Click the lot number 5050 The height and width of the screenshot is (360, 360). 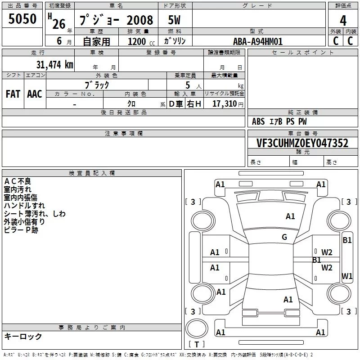click(x=22, y=19)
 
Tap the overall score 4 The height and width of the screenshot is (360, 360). click(x=343, y=21)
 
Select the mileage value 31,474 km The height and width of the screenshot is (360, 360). click(x=54, y=64)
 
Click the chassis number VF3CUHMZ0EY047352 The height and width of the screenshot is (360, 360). click(x=302, y=143)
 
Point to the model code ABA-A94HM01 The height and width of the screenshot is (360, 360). click(x=257, y=41)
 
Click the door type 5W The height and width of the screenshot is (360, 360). click(x=174, y=20)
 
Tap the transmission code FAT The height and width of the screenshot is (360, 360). click(x=13, y=94)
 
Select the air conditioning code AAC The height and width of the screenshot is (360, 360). click(x=35, y=94)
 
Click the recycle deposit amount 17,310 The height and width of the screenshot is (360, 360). click(x=224, y=104)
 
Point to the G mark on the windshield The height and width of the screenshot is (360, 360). click(x=284, y=237)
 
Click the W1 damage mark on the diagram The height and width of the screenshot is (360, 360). click(x=347, y=276)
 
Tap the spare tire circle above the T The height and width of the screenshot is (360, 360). click(x=197, y=328)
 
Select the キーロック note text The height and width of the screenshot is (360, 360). click(x=23, y=337)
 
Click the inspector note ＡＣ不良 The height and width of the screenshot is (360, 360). click(x=18, y=181)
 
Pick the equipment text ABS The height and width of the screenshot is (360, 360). click(x=258, y=121)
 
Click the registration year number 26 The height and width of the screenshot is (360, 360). click(x=59, y=24)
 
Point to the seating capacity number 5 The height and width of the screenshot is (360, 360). click(x=188, y=85)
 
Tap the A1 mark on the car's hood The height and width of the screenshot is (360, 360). click(x=290, y=216)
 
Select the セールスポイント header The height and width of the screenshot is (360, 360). click(x=302, y=53)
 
